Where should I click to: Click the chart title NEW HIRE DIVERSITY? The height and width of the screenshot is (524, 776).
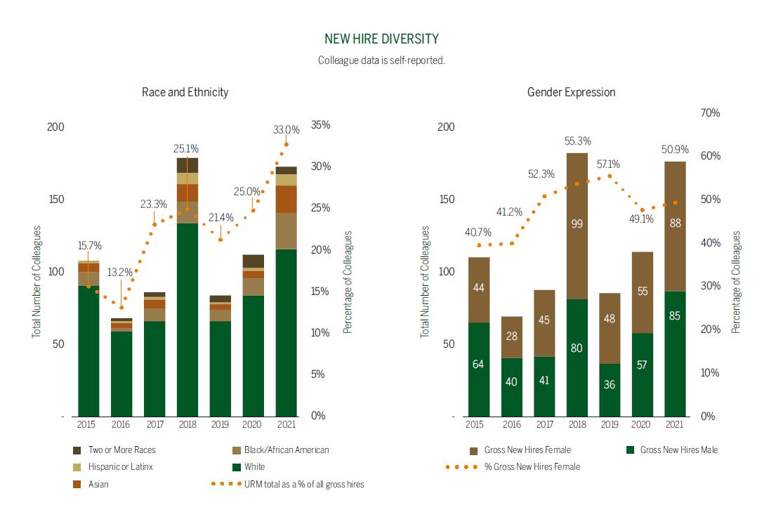point(381,39)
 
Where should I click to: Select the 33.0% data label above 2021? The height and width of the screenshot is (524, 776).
point(287,130)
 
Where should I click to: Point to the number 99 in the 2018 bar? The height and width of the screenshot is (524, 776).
point(577,224)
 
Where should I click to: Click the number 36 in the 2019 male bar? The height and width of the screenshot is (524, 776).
point(610,386)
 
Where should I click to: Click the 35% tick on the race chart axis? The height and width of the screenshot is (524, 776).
point(320,125)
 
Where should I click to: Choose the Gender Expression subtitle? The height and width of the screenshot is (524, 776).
point(571,92)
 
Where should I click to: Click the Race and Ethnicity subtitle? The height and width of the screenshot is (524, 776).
point(185,92)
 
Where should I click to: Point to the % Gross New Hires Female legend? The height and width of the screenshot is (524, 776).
point(532,466)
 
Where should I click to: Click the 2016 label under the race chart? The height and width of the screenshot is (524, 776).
point(121,424)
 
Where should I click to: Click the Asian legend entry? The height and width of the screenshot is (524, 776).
point(98,484)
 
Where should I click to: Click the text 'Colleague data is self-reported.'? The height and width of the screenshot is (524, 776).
point(381,60)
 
